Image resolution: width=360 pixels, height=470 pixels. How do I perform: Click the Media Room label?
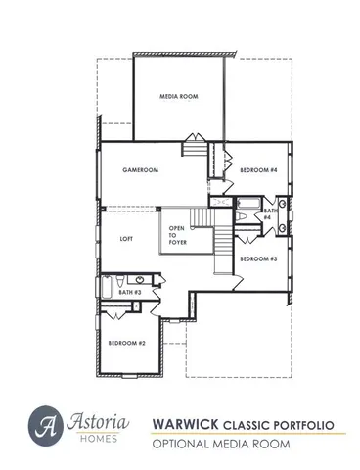pyautogui.click(x=179, y=97)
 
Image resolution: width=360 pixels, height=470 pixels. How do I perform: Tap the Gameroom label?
pyautogui.click(x=140, y=169)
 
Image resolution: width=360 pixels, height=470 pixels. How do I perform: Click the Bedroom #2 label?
pyautogui.click(x=126, y=344)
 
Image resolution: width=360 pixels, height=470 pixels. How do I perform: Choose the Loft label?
pyautogui.click(x=126, y=238)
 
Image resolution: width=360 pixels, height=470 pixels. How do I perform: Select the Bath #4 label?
pyautogui.click(x=267, y=212)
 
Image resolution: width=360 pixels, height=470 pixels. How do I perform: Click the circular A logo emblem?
pyautogui.click(x=46, y=424)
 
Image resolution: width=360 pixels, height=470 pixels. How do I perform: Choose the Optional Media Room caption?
pyautogui.click(x=219, y=444)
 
